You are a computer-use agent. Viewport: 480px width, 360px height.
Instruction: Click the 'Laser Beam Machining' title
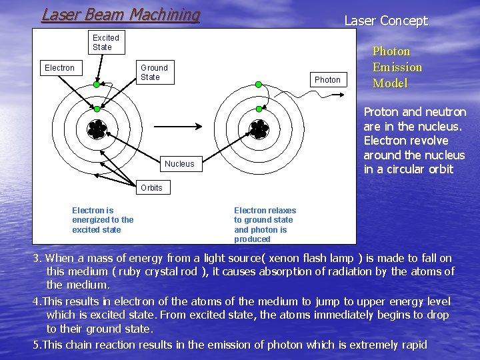(x=121, y=15)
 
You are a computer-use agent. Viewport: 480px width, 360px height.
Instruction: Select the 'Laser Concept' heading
(x=385, y=21)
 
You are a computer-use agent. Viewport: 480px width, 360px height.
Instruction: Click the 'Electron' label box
(x=59, y=68)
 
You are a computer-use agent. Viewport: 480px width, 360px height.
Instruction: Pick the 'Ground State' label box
(x=154, y=72)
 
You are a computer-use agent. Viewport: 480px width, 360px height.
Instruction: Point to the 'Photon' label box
(x=327, y=80)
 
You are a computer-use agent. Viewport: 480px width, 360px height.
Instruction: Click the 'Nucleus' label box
(x=179, y=164)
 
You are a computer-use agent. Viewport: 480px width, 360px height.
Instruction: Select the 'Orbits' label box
(x=151, y=188)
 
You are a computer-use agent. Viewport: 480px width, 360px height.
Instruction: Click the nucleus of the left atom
(x=97, y=128)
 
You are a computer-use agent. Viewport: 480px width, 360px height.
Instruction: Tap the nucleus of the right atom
(x=258, y=128)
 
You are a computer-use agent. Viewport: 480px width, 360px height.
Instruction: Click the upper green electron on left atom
(x=97, y=85)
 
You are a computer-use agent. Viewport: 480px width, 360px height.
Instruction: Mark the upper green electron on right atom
(x=257, y=85)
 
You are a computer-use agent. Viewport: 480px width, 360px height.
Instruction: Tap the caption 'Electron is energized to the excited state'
(x=103, y=220)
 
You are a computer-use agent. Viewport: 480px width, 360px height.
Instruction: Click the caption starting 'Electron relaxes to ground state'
(x=265, y=225)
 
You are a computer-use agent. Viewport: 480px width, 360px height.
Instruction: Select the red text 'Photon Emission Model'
(x=397, y=67)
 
